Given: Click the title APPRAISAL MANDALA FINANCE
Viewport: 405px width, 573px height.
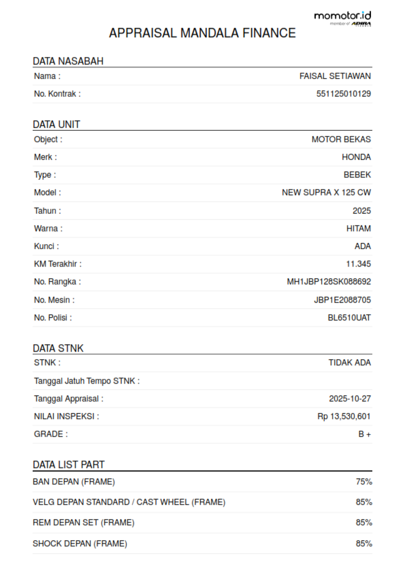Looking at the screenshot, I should pos(202,33).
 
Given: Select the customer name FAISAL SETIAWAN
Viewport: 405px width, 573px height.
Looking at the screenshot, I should pos(335,76).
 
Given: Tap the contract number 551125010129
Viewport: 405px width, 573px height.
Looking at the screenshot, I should pos(343,94).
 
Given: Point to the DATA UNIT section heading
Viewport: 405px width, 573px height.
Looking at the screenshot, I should pos(56,125).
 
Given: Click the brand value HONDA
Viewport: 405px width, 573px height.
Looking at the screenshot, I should pos(356,157).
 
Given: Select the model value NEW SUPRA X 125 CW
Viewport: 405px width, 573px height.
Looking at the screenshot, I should pos(326,192).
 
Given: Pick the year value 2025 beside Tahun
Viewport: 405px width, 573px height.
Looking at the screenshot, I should pos(361,211).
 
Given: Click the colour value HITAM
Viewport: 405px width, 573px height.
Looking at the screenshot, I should pos(358,228).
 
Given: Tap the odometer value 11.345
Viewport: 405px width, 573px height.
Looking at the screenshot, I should pos(358,264).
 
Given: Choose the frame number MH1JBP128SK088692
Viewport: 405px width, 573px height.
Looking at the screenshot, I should pos(329,282).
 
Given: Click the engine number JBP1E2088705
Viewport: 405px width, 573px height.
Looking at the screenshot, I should pos(342,300).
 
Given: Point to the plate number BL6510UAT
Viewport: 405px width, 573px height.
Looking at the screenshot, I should pos(349,318).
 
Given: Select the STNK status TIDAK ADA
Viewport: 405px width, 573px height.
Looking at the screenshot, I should pos(349,362).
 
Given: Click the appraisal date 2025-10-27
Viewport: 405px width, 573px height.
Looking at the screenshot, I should pos(350,399).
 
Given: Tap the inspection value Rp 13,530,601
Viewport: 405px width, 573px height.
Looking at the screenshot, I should pos(344,416).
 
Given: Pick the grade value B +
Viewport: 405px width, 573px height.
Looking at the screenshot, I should pos(364,434).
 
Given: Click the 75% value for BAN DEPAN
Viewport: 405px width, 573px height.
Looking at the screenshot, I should pos(363,482).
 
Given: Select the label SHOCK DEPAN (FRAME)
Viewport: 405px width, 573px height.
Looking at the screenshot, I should pos(80,544).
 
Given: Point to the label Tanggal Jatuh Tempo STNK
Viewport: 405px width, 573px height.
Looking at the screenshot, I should pos(87,381).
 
